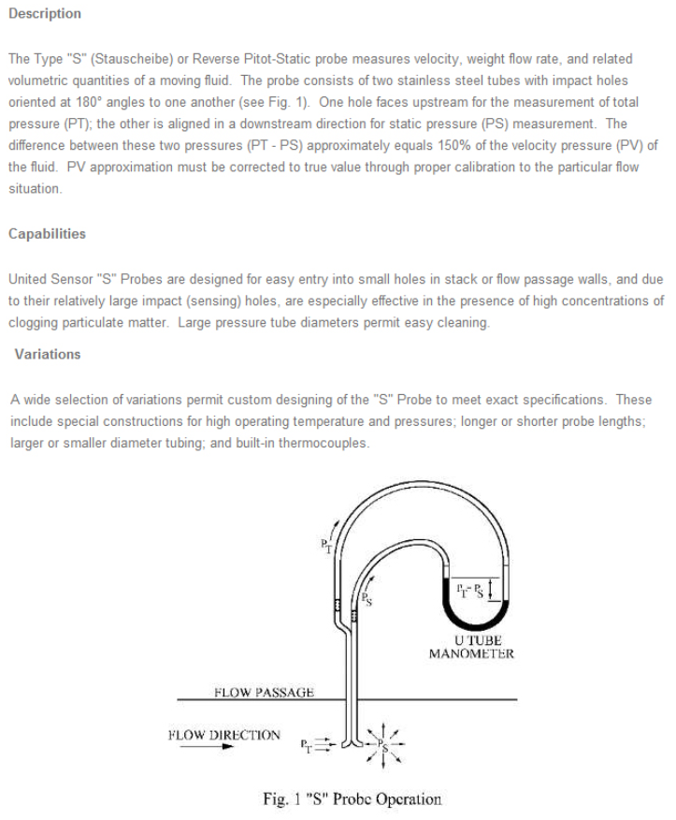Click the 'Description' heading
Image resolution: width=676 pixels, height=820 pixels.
pos(45,14)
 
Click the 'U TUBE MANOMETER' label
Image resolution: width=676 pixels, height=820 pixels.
pos(471,647)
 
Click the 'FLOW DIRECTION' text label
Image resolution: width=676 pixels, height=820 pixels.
pos(223,735)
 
